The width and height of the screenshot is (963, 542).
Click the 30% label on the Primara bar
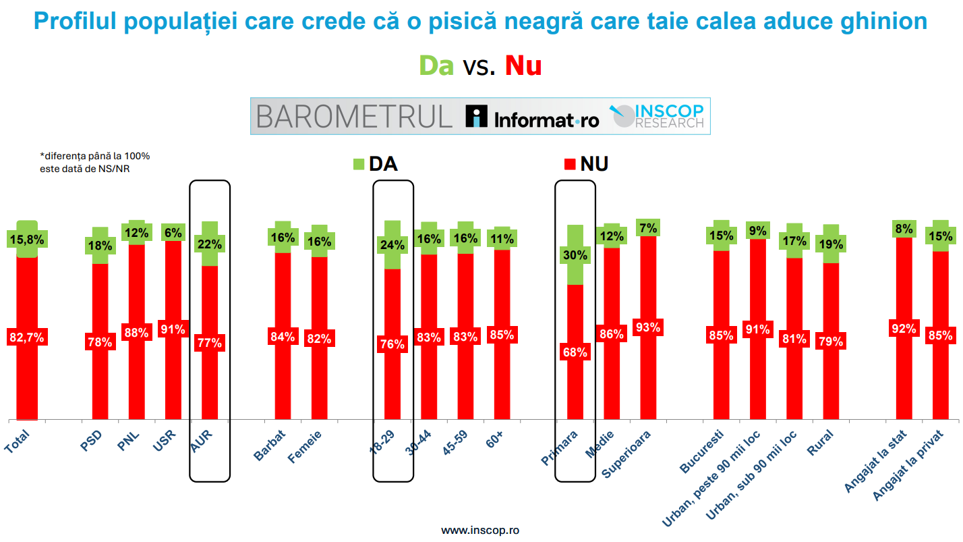(x=575, y=255)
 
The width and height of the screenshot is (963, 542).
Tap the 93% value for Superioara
(x=648, y=327)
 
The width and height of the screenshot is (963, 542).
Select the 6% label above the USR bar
(x=173, y=232)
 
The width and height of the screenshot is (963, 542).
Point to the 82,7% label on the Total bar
(x=26, y=337)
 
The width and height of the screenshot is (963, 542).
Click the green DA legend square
(x=359, y=164)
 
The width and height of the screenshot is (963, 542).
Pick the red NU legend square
(x=569, y=164)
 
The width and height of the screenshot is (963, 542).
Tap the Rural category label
(x=820, y=444)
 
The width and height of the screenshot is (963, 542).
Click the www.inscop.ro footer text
(x=480, y=531)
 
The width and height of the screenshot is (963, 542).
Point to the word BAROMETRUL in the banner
(x=354, y=117)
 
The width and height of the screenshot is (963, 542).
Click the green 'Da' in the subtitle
(x=436, y=66)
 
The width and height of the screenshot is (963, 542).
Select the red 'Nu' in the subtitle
(x=523, y=66)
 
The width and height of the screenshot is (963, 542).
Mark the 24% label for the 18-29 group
(x=392, y=245)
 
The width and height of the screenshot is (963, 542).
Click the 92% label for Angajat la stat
(x=904, y=329)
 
